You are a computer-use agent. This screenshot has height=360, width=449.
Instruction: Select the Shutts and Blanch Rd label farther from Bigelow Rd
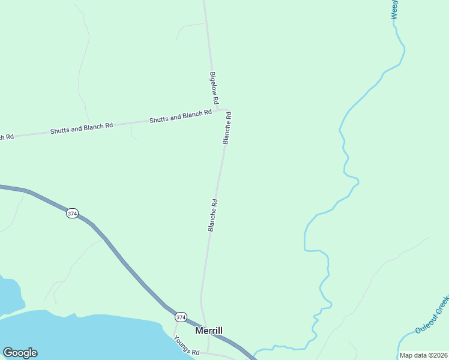click(x=82, y=128)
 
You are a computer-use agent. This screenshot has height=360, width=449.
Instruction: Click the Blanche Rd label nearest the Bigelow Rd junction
click(x=227, y=127)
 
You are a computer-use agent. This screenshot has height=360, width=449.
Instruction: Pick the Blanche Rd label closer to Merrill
click(x=212, y=215)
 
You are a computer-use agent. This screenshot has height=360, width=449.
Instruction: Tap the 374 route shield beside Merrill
click(x=181, y=316)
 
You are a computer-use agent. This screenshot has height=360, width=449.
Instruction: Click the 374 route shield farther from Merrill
click(x=72, y=214)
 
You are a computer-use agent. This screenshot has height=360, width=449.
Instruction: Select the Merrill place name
click(x=209, y=331)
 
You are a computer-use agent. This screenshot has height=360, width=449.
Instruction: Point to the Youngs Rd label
click(x=186, y=346)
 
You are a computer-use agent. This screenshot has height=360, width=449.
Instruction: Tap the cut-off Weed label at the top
click(x=394, y=10)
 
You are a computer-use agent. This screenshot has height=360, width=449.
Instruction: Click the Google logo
click(x=20, y=353)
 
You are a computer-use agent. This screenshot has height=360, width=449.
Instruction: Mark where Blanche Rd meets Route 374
click(x=204, y=329)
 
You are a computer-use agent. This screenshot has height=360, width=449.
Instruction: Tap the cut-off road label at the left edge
click(x=6, y=137)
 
